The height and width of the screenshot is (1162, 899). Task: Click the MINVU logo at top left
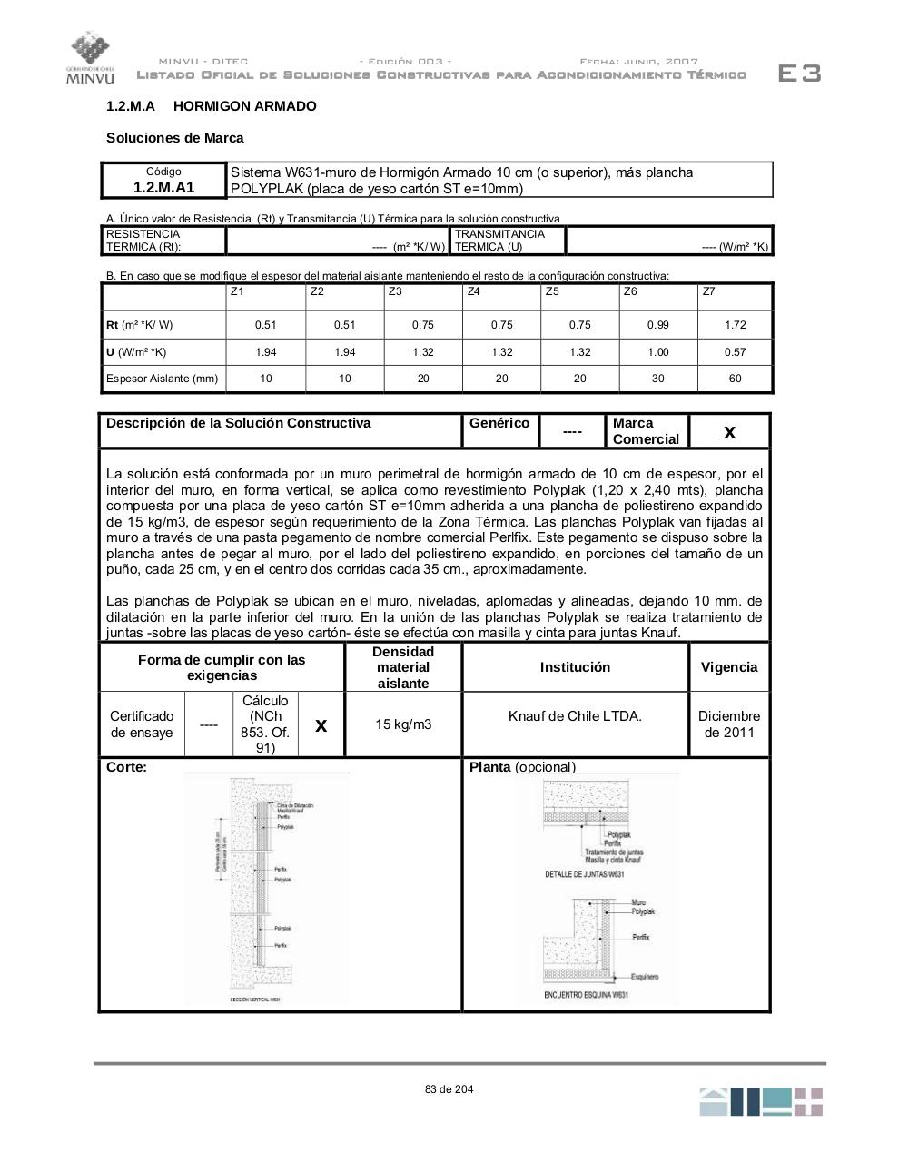tap(89, 58)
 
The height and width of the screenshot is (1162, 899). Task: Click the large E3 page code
tap(799, 74)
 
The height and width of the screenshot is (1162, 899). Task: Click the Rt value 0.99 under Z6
tap(657, 325)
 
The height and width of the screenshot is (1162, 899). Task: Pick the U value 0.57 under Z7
tap(735, 352)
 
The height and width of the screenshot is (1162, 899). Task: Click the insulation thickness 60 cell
tap(735, 379)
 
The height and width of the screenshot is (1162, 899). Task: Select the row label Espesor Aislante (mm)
tap(163, 379)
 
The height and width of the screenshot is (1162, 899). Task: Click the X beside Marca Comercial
tap(729, 432)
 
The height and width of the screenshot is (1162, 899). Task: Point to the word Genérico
tap(499, 423)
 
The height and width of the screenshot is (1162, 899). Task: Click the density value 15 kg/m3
tap(403, 724)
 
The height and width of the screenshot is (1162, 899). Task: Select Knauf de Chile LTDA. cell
tap(575, 716)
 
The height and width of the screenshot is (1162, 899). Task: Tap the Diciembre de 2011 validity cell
tap(728, 724)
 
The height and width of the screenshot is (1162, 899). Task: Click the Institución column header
tap(575, 667)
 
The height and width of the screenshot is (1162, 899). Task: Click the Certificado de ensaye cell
tap(142, 724)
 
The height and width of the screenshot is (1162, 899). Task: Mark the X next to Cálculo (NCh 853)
tap(321, 725)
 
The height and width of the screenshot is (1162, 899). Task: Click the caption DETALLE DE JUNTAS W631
tap(585, 874)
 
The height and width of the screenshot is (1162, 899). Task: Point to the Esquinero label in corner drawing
tap(645, 977)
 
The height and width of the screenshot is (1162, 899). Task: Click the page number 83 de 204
tap(449, 1089)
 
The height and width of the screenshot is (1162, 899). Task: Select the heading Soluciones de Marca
tap(174, 138)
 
